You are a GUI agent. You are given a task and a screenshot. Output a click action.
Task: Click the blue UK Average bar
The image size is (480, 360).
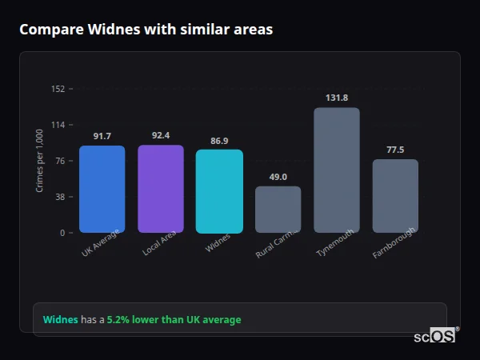(x=102, y=189)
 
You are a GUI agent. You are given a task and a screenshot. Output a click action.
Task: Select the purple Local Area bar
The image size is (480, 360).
(x=161, y=189)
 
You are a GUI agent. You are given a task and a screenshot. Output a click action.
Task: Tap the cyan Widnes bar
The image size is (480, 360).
(x=219, y=191)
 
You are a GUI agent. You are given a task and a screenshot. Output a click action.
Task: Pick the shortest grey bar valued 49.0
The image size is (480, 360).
(x=278, y=210)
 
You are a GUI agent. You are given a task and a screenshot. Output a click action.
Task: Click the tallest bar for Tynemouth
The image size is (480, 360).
(x=337, y=170)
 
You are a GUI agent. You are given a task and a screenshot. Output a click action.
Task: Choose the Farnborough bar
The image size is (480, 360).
(x=395, y=196)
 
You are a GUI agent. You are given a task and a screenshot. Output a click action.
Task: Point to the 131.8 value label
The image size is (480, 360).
(x=337, y=98)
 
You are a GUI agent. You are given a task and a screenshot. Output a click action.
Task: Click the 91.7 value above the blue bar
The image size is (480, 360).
(x=102, y=136)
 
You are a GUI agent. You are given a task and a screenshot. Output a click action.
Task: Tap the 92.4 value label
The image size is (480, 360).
(x=161, y=135)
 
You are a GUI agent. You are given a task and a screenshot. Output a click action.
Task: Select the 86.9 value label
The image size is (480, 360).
(x=219, y=141)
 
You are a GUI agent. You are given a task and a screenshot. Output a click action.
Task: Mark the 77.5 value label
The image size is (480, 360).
(x=395, y=150)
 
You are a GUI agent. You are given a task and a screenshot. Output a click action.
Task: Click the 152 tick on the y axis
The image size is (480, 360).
(x=58, y=89)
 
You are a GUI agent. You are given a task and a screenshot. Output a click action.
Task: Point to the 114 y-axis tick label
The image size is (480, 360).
(x=58, y=125)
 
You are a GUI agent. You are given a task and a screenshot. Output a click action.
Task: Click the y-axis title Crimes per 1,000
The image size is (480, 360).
(x=40, y=161)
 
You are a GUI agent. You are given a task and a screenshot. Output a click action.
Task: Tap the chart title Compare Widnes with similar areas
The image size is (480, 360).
(x=146, y=30)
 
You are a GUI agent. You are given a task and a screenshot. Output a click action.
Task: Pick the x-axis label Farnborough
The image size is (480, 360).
(x=392, y=243)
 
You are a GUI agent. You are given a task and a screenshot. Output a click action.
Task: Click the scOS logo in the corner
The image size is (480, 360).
(x=435, y=337)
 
